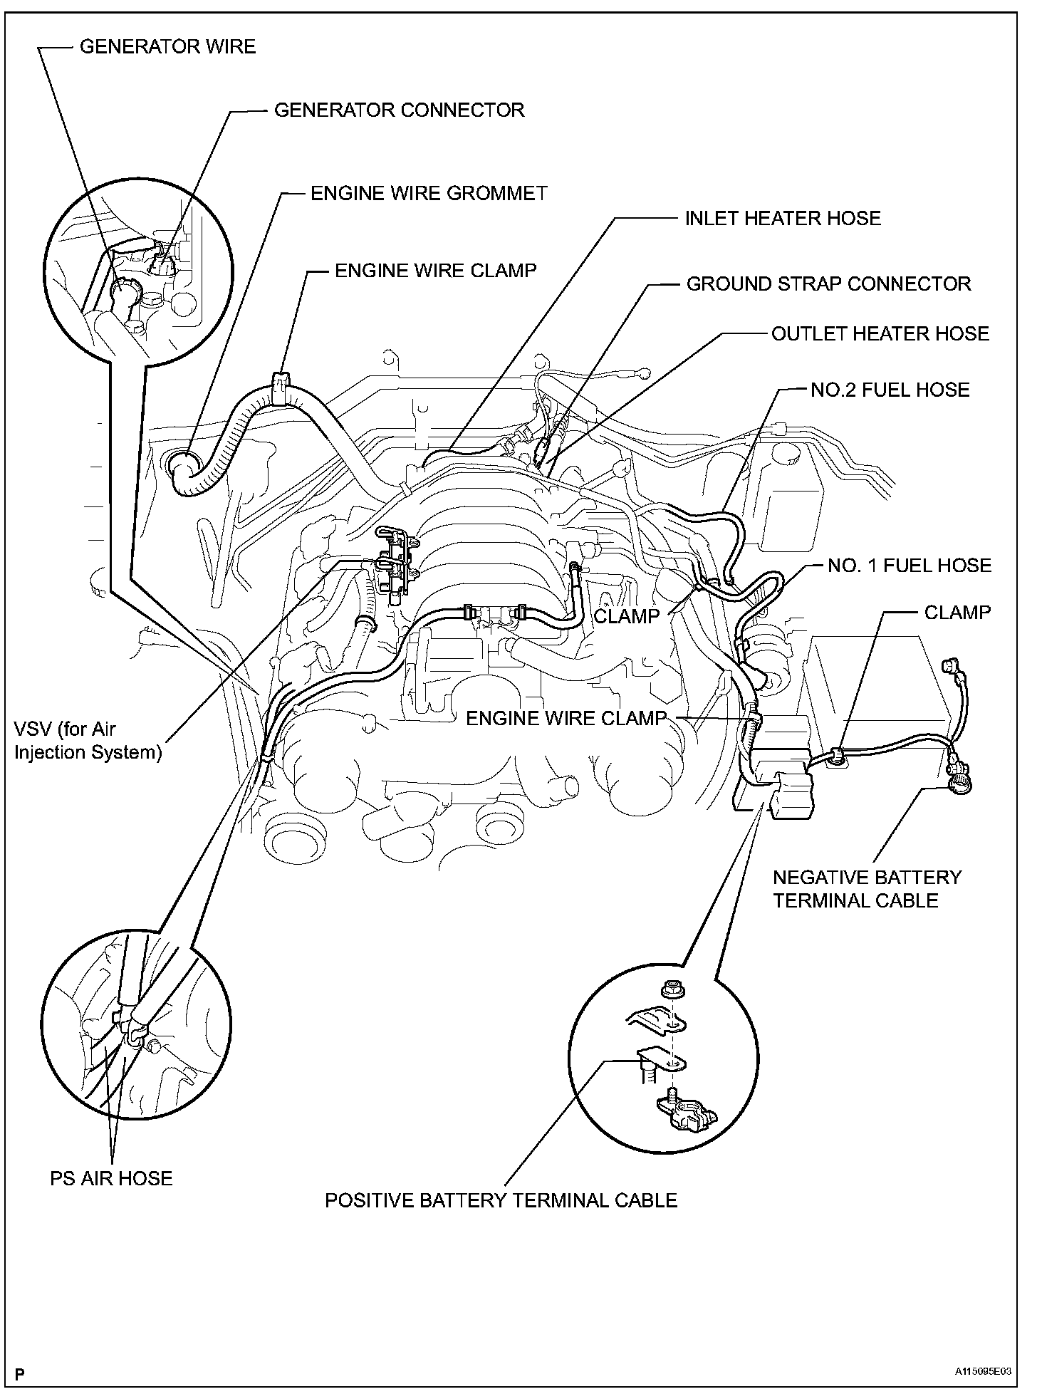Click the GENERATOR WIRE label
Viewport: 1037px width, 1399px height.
pyautogui.click(x=167, y=47)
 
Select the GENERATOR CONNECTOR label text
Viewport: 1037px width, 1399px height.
pyautogui.click(x=399, y=110)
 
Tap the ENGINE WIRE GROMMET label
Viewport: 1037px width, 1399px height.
pyautogui.click(x=429, y=194)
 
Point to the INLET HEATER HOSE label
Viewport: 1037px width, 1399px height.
pyautogui.click(x=783, y=219)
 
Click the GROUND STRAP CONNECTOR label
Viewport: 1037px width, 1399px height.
pyautogui.click(x=828, y=284)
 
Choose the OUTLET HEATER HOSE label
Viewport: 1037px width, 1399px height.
pyautogui.click(x=880, y=334)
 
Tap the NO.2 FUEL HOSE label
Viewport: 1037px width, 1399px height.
pyautogui.click(x=890, y=390)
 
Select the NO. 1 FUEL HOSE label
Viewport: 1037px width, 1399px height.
pyautogui.click(x=910, y=566)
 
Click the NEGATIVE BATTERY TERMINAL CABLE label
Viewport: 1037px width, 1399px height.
pyautogui.click(x=867, y=889)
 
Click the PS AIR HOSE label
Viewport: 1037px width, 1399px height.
pyautogui.click(x=111, y=1178)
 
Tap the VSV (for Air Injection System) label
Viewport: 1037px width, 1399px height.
pyautogui.click(x=88, y=741)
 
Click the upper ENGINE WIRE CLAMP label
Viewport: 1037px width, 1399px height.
pyautogui.click(x=435, y=271)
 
